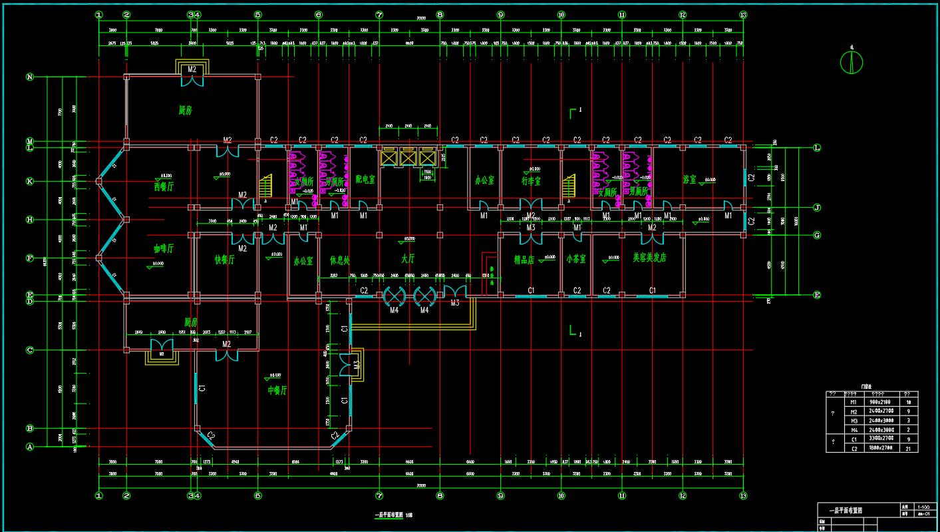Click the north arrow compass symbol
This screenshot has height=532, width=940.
pos(852,62)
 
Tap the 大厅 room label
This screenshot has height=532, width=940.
pos(408,258)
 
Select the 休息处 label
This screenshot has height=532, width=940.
pos(339,260)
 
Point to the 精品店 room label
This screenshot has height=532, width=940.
pos(524,260)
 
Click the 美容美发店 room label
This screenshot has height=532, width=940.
pos(649,258)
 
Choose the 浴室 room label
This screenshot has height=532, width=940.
pos(689,180)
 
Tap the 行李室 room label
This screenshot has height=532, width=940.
pos(531,180)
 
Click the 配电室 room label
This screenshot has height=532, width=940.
pos(365,180)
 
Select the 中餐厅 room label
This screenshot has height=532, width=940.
pos(277,390)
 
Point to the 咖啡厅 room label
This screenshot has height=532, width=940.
pos(164,248)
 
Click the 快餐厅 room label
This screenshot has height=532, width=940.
pos(224,260)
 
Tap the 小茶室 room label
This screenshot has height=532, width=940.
pos(576,259)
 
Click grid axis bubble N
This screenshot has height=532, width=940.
pos(29,77)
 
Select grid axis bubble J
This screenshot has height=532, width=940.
pos(817,208)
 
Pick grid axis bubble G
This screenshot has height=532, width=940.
pos(817,235)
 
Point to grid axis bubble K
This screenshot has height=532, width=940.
pos(29,181)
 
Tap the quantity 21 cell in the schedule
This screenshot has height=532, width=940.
pos(909,449)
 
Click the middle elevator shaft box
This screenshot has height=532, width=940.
pos(407,158)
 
